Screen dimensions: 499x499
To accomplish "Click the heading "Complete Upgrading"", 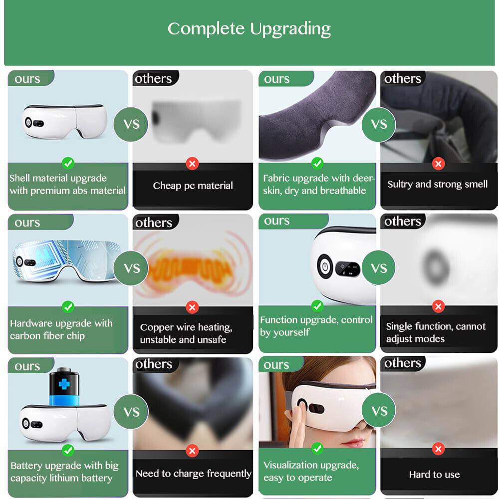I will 249,28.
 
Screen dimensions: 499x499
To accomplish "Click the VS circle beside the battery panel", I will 132,412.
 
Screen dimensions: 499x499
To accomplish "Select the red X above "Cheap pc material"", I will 192,163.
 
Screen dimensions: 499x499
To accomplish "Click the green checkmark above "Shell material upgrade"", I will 68,163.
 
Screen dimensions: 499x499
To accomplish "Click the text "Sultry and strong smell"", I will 438,184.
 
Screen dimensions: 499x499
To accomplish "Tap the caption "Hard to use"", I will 435,475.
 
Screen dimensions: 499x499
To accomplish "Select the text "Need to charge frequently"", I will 193,474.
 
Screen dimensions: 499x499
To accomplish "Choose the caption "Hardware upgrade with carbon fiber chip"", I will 61,329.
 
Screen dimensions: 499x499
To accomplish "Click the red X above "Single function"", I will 438,306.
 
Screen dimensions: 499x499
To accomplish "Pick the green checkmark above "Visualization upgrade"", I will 317,448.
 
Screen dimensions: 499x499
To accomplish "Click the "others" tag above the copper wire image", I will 154,223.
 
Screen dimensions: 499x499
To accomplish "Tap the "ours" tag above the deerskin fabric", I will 277,78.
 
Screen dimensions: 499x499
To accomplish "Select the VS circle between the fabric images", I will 379,123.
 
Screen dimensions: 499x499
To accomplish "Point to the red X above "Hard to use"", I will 438,449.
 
